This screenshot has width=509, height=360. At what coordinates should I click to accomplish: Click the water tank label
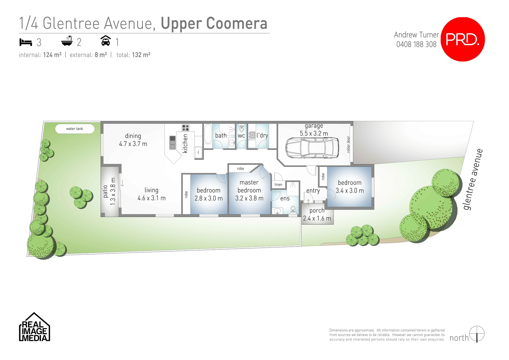(74, 129)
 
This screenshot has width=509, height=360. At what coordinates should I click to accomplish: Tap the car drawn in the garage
(312, 148)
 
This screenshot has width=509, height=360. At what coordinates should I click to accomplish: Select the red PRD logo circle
(463, 39)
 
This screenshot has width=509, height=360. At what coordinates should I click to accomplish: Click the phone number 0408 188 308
(416, 44)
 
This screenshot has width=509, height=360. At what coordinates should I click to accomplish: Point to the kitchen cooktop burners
(185, 128)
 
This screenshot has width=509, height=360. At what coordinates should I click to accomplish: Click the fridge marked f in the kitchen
(198, 153)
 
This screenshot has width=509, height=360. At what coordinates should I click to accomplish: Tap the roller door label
(348, 145)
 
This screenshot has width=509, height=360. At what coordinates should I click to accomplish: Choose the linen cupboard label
(278, 185)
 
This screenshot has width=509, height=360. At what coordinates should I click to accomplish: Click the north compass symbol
(477, 334)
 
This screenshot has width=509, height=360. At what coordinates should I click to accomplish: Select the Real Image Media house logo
(34, 327)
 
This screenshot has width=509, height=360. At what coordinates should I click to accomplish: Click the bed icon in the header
(26, 42)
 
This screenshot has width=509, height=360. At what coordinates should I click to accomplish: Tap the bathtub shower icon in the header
(67, 41)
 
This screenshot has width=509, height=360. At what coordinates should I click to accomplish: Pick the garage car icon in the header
(106, 41)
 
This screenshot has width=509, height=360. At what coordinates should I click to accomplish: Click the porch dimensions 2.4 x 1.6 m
(317, 218)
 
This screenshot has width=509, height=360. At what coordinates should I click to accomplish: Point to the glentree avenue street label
(473, 179)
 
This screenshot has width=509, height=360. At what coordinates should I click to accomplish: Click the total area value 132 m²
(141, 55)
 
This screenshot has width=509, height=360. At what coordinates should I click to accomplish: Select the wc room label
(241, 136)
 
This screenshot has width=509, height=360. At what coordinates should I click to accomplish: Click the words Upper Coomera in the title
(214, 23)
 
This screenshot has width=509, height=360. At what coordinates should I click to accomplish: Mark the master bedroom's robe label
(240, 169)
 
